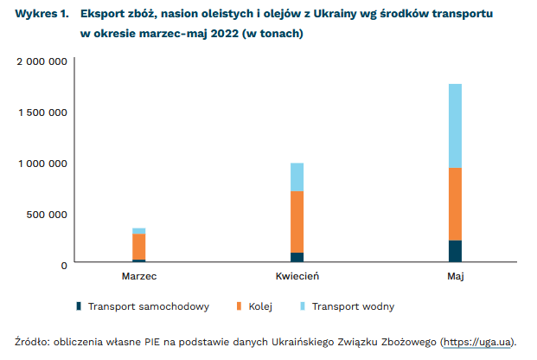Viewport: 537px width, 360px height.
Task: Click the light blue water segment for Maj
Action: pyautogui.click(x=455, y=125)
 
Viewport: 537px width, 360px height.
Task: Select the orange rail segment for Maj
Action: pyautogui.click(x=455, y=204)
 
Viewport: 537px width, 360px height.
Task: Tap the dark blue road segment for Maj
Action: pyautogui.click(x=455, y=251)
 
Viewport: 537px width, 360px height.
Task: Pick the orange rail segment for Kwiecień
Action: pyautogui.click(x=297, y=222)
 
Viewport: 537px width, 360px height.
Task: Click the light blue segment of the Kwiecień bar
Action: pyautogui.click(x=297, y=177)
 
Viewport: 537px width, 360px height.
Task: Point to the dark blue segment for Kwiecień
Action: pyautogui.click(x=297, y=257)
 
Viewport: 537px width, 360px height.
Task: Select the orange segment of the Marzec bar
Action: pyautogui.click(x=138, y=247)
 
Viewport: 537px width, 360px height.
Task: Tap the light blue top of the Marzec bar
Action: pyautogui.click(x=138, y=231)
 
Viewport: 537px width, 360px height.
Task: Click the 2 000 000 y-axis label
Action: pyautogui.click(x=42, y=61)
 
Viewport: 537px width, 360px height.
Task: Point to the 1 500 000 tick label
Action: pyautogui.click(x=42, y=112)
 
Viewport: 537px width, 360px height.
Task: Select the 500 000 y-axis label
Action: pyautogui.click(x=47, y=215)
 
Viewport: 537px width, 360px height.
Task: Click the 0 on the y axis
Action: pyautogui.click(x=64, y=266)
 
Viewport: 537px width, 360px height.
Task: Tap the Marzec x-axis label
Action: pyautogui.click(x=139, y=276)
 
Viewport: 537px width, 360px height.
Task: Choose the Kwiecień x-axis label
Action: pyautogui.click(x=297, y=276)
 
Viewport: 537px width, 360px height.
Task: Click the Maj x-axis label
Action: pyautogui.click(x=456, y=277)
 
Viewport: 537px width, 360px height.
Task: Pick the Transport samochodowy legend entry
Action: pyautogui.click(x=143, y=306)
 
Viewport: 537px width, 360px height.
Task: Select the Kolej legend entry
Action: pyautogui.click(x=254, y=306)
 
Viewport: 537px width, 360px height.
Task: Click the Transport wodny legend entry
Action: pyautogui.click(x=348, y=306)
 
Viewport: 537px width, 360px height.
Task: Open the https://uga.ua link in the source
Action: pyautogui.click(x=476, y=342)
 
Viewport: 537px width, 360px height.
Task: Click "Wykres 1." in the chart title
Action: pyautogui.click(x=42, y=14)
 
